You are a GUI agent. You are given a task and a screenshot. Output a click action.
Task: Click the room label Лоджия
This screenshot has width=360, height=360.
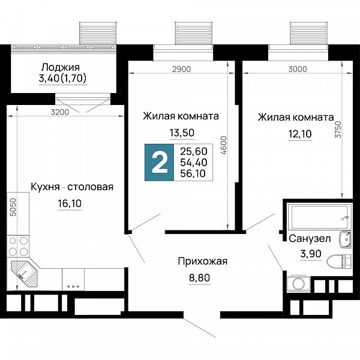point(61,67)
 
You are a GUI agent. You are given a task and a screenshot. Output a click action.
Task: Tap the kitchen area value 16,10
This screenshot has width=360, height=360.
point(70,203)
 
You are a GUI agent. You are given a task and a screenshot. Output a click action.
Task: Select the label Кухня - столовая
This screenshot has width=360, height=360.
point(72,187)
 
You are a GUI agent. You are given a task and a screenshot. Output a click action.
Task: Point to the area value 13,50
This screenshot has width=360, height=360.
point(182,133)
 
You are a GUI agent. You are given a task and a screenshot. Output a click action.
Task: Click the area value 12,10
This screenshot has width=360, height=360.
point(300,134)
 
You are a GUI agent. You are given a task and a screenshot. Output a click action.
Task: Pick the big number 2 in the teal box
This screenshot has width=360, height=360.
point(160,163)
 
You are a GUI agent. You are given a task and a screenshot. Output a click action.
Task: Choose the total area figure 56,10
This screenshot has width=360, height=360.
point(193,173)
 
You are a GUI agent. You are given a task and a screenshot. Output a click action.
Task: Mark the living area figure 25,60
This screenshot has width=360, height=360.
point(194,151)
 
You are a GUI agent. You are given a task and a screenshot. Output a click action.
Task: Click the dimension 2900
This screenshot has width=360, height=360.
point(182,69)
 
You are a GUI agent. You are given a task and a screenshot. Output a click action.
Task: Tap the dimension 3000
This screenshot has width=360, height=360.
point(298,69)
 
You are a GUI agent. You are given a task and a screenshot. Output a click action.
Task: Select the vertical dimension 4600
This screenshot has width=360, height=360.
point(224,145)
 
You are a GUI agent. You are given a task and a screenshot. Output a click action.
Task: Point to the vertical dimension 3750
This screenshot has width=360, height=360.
point(338,130)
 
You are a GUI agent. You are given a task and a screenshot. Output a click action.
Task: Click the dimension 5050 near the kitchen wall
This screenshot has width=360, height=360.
point(14,208)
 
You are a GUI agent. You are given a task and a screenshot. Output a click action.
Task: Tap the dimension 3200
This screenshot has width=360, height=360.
point(60,112)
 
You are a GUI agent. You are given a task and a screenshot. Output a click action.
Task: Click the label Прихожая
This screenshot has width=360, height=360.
point(203,262)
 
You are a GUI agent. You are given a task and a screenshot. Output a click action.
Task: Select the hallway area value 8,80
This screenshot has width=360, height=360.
point(200,278)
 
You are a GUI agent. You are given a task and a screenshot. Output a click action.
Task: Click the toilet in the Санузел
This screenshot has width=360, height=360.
point(339,262)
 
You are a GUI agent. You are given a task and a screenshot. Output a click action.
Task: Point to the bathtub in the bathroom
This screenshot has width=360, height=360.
point(319,217)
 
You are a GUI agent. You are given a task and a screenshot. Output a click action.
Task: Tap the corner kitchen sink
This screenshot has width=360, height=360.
point(23,273)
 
